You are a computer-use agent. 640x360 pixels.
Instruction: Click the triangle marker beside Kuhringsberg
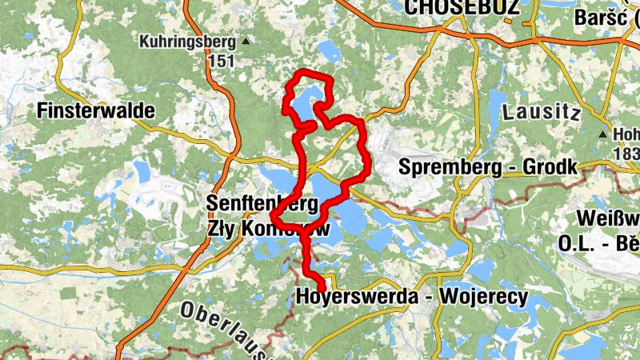(246, 40)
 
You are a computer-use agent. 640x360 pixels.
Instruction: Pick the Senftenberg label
(256, 202)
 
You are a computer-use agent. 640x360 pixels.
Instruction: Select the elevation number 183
(626, 152)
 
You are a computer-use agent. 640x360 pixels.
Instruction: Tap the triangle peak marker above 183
(602, 134)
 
